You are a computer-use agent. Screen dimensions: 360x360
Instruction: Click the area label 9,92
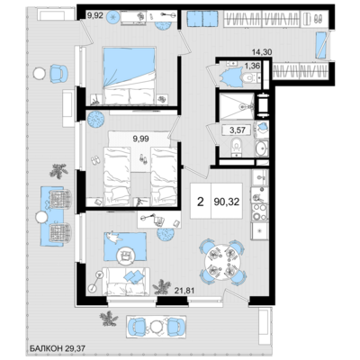pos(94,15)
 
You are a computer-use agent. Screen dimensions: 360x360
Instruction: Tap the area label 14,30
pos(262,52)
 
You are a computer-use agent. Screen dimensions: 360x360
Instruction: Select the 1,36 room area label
pos(252,66)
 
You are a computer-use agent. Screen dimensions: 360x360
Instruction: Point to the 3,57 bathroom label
pos(238,130)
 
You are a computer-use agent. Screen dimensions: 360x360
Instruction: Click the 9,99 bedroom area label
pos(141,139)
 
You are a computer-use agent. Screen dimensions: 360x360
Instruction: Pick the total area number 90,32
pos(227,202)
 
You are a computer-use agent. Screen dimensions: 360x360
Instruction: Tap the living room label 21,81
pos(185,290)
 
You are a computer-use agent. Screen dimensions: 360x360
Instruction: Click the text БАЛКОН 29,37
pos(58,348)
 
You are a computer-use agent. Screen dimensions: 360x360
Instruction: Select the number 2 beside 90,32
pos(201,202)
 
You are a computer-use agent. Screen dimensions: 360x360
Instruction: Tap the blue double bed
pos(130,76)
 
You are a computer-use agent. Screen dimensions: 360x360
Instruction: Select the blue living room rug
pos(125,247)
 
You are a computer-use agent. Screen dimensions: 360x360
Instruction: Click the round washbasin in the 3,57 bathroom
pos(261,148)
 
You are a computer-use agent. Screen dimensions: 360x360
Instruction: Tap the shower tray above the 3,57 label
pos(237,106)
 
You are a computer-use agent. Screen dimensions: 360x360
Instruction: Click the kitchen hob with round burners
pos(259,211)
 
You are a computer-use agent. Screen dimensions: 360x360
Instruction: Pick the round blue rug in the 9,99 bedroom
pos(95,119)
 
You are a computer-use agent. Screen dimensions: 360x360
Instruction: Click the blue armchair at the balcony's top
pos(58,74)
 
